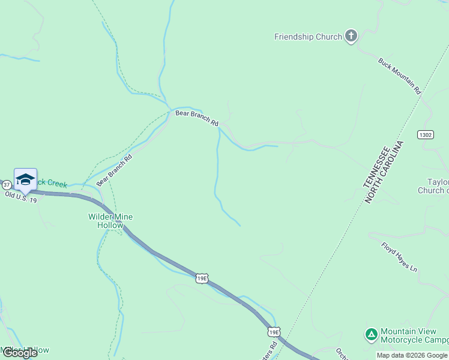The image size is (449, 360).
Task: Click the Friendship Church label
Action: pyautogui.click(x=307, y=37)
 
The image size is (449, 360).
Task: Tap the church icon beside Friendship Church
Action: pyautogui.click(x=351, y=37)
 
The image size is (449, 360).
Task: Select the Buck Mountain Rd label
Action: pyautogui.click(x=400, y=76)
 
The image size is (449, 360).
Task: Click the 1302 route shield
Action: pyautogui.click(x=425, y=136)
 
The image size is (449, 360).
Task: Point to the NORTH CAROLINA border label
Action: pyautogui.click(x=385, y=172)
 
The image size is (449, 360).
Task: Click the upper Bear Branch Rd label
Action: pyautogui.click(x=197, y=118)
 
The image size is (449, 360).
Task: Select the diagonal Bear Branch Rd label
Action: pyautogui.click(x=114, y=170)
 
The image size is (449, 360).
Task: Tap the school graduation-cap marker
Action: pyautogui.click(x=25, y=179)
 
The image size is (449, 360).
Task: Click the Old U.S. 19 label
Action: pyautogui.click(x=20, y=196)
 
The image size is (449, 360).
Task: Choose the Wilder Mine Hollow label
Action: pyautogui.click(x=110, y=221)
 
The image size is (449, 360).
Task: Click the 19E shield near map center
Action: pyautogui.click(x=202, y=278)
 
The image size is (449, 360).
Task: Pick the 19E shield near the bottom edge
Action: pyautogui.click(x=274, y=332)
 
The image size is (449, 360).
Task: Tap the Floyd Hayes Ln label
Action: pyautogui.click(x=399, y=257)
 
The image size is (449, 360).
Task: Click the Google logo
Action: pyautogui.click(x=19, y=353)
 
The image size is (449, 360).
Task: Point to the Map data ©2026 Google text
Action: pyautogui.click(x=412, y=355)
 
